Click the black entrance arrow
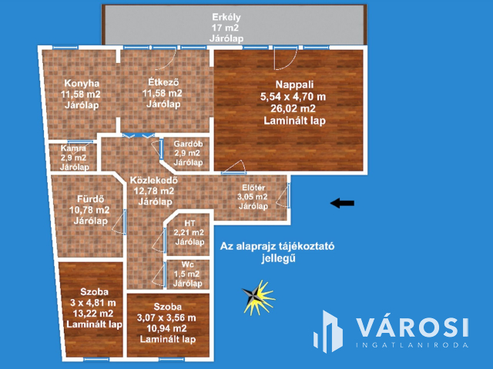(x=342, y=203)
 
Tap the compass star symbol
(x=259, y=297)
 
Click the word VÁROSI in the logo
(x=413, y=327)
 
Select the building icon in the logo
(x=328, y=331)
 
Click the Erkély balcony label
(x=226, y=17)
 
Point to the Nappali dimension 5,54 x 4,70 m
(x=293, y=97)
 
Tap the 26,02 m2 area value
(x=293, y=108)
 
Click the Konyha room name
(x=82, y=83)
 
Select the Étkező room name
(x=163, y=82)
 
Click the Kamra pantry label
(x=73, y=148)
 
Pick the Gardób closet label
(x=188, y=144)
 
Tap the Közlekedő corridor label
(x=154, y=180)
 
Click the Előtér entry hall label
(x=253, y=188)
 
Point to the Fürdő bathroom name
(x=91, y=199)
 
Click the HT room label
(x=189, y=224)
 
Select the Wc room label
(x=188, y=264)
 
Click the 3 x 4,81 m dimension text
(x=93, y=303)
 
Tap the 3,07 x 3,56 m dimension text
(x=166, y=317)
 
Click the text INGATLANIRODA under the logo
(x=413, y=345)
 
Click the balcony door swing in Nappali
(x=286, y=59)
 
